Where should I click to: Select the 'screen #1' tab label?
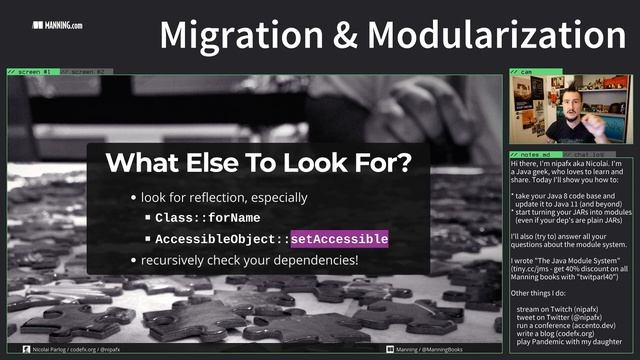33,72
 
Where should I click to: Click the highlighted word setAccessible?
338,239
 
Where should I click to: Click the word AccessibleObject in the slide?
215,239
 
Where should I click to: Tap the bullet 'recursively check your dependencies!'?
248,260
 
